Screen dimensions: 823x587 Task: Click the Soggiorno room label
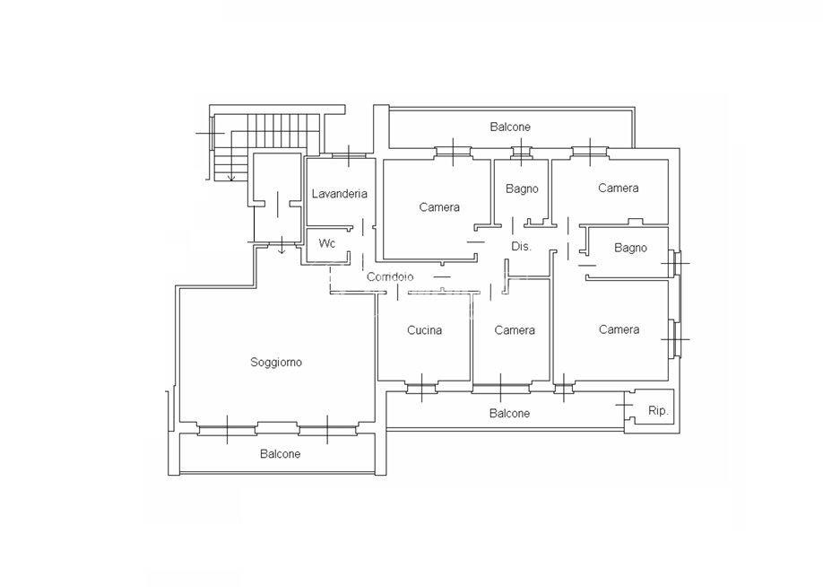[276, 362]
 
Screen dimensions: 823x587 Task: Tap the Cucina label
[425, 330]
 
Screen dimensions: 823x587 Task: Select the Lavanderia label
[340, 193]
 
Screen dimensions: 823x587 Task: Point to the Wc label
[327, 244]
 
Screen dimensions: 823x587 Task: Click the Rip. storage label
[658, 411]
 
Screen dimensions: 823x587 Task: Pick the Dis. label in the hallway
[521, 246]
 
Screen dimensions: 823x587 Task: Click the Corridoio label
[390, 276]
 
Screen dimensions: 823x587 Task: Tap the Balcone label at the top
[510, 127]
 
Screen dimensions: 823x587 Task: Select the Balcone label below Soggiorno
[281, 453]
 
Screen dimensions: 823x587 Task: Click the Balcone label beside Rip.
[509, 413]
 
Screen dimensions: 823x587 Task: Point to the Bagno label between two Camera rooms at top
[522, 188]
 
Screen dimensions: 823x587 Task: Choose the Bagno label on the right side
[630, 248]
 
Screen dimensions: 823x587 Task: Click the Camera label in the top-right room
[619, 188]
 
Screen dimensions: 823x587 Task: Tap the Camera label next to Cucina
[515, 330]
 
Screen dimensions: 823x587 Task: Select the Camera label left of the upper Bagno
[439, 207]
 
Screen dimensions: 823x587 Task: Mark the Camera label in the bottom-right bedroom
[619, 329]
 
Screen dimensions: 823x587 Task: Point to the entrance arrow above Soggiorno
[282, 245]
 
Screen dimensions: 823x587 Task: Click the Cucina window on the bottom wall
[422, 388]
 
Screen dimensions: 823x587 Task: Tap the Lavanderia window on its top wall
[349, 155]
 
